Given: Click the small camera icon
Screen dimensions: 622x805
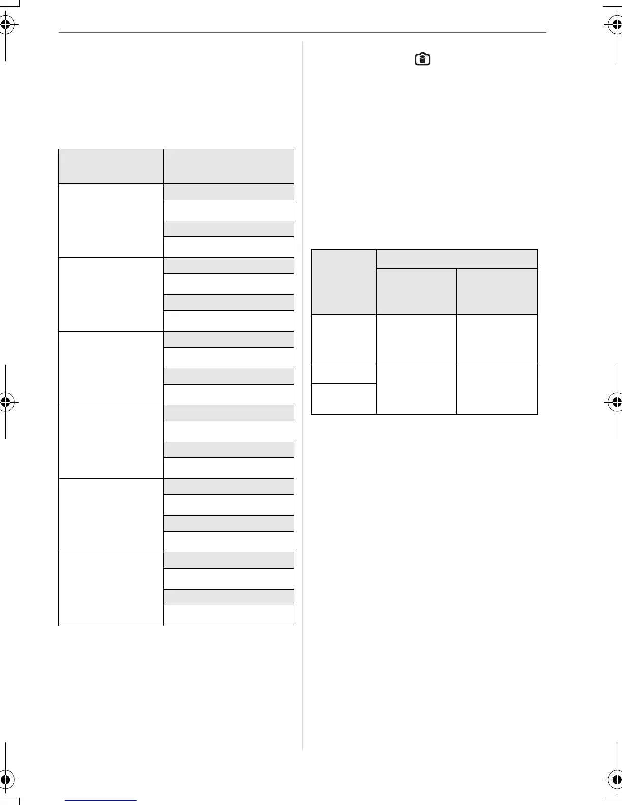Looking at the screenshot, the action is [422, 59].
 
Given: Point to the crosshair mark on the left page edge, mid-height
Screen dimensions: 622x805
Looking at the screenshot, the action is [5, 401].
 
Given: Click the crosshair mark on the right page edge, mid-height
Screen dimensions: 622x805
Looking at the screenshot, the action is [616, 401].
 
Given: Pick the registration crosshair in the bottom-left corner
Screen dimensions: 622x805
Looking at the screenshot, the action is [5, 779].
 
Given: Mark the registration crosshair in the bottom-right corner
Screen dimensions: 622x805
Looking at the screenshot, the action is [616, 779].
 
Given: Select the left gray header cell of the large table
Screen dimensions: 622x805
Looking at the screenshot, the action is [111, 166].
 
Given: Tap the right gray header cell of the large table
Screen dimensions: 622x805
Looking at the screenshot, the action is [228, 166].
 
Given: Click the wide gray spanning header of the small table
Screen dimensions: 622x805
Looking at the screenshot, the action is [456, 258].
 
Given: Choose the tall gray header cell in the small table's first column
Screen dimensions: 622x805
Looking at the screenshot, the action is [344, 281].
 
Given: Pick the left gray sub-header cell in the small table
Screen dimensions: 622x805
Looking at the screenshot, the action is [416, 291].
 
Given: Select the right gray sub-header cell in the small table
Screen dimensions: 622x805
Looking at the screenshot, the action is [497, 291].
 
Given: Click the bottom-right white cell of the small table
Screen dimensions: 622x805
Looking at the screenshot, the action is [497, 389].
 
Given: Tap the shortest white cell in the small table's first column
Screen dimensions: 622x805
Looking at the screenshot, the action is [344, 374].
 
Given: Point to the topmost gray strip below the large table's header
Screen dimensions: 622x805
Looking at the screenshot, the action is [228, 192].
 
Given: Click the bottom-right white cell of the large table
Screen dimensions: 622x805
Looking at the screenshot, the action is [228, 615].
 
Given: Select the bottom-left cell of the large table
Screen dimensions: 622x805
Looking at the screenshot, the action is [111, 589].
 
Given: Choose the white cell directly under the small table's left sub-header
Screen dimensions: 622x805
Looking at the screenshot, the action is [416, 339].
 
